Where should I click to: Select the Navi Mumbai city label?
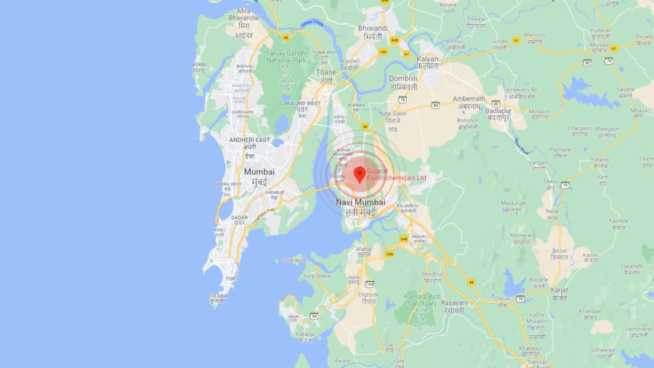click(360, 201)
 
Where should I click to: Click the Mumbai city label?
click(259, 172)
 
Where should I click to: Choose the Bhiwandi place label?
click(373, 28)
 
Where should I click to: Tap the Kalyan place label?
click(428, 59)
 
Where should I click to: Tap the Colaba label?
click(217, 296)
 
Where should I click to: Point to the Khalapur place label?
click(535, 349)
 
